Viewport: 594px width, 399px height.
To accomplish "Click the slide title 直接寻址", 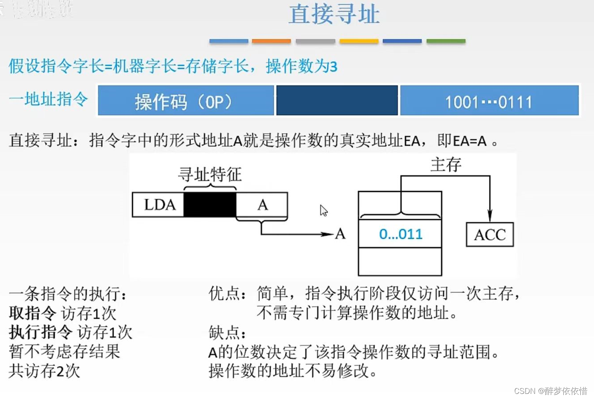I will pyautogui.click(x=334, y=14).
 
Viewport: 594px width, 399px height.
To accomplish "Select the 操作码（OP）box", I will pyautogui.click(x=186, y=101).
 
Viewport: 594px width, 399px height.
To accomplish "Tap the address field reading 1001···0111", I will pyautogui.click(x=489, y=101).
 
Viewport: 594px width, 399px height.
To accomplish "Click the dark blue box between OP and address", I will pyautogui.click(x=337, y=101).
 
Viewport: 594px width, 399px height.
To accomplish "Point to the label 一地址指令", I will pyautogui.click(x=48, y=99).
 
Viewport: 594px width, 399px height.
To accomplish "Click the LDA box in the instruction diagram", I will pyautogui.click(x=159, y=205).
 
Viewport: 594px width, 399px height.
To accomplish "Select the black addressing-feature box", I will pyautogui.click(x=210, y=205).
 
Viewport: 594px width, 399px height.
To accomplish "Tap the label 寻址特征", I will pyautogui.click(x=210, y=174).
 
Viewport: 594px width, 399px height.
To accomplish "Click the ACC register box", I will pyautogui.click(x=489, y=234).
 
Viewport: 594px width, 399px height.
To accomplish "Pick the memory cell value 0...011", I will pyautogui.click(x=400, y=234).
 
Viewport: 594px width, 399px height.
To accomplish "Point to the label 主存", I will pyautogui.click(x=446, y=165).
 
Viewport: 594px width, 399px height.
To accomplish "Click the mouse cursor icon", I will pyautogui.click(x=324, y=210).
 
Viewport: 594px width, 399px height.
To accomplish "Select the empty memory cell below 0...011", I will pyautogui.click(x=400, y=261).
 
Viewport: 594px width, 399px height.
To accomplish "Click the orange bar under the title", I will pyautogui.click(x=271, y=41).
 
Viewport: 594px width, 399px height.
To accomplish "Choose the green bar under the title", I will pyautogui.click(x=446, y=41).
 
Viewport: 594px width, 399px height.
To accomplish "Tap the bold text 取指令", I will pyautogui.click(x=32, y=313).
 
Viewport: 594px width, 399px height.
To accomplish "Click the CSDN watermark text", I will pyautogui.click(x=550, y=391).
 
